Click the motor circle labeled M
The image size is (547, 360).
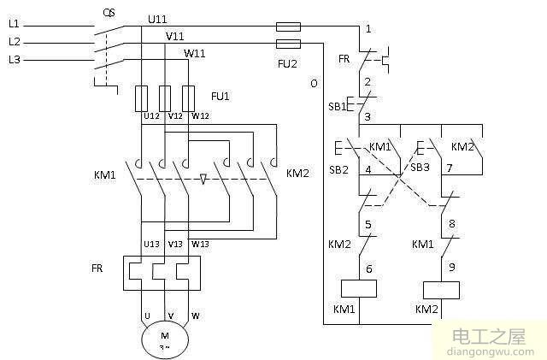165,339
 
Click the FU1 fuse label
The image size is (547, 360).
220,96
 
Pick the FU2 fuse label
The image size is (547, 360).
288,62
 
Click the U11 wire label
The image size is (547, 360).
157,17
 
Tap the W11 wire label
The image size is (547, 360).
194,53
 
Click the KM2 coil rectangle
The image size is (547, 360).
442,288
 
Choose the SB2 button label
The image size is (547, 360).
339,170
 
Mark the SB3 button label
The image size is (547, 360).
420,168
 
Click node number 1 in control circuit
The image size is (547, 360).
368,29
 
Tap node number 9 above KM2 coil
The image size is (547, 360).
451,265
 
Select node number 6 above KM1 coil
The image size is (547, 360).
368,269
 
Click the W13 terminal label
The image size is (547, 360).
199,244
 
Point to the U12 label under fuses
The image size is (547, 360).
150,116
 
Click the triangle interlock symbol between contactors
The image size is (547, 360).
203,180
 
